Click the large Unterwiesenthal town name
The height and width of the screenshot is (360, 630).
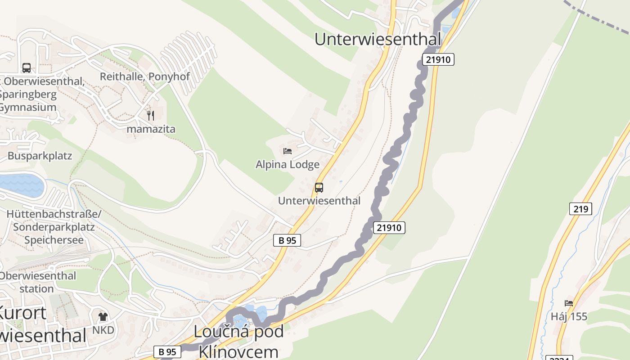click(x=378, y=39)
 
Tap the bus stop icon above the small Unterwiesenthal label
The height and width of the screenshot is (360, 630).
click(x=319, y=188)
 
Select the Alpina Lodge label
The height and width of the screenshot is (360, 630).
click(x=288, y=165)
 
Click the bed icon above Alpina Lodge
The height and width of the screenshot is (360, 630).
click(x=288, y=151)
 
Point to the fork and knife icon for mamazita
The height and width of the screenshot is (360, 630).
click(x=151, y=116)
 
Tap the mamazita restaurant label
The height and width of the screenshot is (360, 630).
click(x=151, y=129)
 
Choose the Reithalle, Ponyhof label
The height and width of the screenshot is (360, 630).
click(x=145, y=76)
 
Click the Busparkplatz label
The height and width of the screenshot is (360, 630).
click(x=40, y=156)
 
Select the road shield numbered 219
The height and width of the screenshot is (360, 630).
click(x=580, y=209)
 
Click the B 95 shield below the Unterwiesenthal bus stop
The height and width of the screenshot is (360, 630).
click(x=287, y=240)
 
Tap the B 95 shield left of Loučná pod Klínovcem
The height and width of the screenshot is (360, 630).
click(x=167, y=352)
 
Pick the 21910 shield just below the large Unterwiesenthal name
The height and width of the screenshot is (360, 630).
click(x=438, y=59)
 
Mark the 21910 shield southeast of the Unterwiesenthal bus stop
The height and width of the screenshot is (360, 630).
click(x=389, y=228)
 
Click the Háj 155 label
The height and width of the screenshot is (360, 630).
click(x=569, y=317)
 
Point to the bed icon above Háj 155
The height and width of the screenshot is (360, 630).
click(x=569, y=303)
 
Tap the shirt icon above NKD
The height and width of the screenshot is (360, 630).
click(x=103, y=317)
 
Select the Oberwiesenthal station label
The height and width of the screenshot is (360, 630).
click(x=37, y=282)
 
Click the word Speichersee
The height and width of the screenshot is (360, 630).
click(x=54, y=240)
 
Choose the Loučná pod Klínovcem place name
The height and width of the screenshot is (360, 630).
click(x=238, y=341)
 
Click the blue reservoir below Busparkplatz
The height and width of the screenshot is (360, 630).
click(x=22, y=185)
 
